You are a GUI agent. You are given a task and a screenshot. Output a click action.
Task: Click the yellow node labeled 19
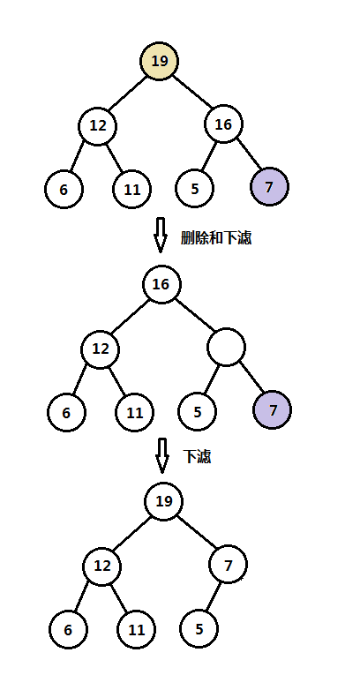[x=160, y=61]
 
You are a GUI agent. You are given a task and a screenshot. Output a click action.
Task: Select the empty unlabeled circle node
[x=227, y=349]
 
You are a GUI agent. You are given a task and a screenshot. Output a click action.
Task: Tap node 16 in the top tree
[x=224, y=124]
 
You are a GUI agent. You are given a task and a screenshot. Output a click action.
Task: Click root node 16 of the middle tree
[x=161, y=285]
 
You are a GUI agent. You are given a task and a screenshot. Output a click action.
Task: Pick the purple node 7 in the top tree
[x=269, y=188]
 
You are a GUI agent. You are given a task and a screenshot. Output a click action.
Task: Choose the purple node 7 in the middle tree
[x=273, y=410]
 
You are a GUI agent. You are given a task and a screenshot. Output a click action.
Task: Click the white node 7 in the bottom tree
[x=229, y=564]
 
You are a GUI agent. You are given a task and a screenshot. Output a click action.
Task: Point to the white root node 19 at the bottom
[x=164, y=501]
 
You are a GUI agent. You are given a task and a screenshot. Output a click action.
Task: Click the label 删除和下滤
[x=216, y=237]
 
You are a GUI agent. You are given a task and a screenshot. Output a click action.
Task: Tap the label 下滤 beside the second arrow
[x=197, y=456]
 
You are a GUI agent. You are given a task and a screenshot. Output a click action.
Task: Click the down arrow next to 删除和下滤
[x=160, y=236]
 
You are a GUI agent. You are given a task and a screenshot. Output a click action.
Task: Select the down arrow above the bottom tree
[x=161, y=455]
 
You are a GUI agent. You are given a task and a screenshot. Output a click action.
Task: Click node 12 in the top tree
[x=97, y=125]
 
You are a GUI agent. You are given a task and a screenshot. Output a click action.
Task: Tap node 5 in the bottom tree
[x=199, y=629]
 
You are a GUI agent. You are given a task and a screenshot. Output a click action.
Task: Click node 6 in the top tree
[x=64, y=189]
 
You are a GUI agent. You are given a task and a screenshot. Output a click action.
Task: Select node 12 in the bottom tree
[x=102, y=565]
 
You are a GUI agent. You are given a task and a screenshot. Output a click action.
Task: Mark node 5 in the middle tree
[x=197, y=411]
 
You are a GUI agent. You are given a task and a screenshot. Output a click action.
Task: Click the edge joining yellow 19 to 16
[x=192, y=93]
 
